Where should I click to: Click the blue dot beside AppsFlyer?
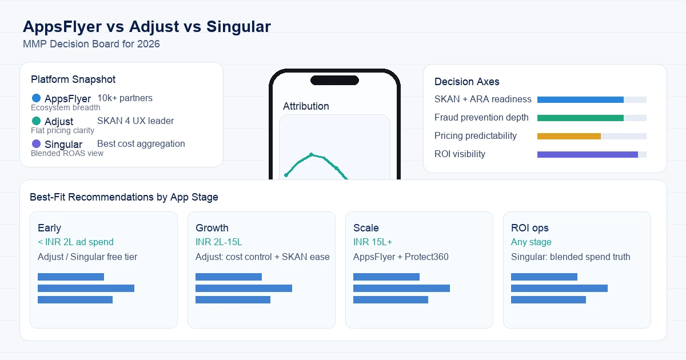pos(36,98)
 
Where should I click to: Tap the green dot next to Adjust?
pos(36,121)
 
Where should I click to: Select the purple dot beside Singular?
pos(36,143)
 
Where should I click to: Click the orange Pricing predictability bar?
pos(569,136)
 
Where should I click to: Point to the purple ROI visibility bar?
pos(588,155)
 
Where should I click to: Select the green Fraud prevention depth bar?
pos(580,118)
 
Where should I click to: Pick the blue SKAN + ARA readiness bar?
pos(580,99)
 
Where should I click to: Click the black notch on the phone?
pos(334,80)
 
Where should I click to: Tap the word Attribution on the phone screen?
pos(306,106)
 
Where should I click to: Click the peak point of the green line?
pos(312,154)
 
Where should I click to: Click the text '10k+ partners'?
pos(125,98)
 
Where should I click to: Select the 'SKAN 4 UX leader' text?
pos(135,121)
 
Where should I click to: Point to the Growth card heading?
pos(212,228)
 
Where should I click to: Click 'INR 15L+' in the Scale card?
pos(372,242)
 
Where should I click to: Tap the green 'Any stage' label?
pos(531,242)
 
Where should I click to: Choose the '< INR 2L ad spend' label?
pos(75,242)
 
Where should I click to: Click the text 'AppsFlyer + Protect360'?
pos(401,257)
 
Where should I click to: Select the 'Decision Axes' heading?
pos(466,82)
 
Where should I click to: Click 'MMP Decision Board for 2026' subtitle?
pos(91,44)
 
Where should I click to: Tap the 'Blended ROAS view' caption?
pos(67,153)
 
